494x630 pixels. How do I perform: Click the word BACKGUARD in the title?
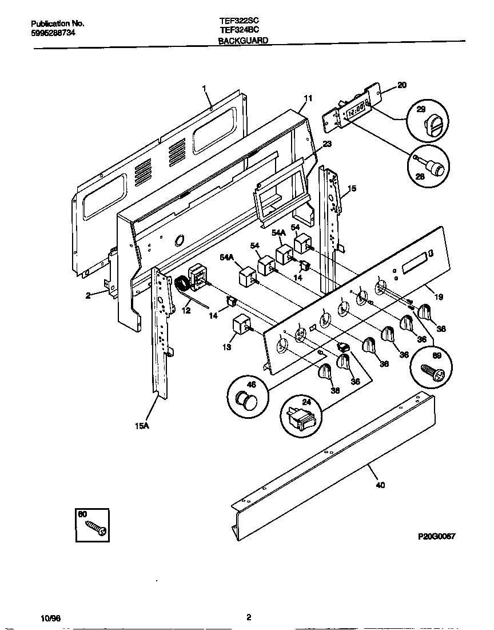pyautogui.click(x=243, y=41)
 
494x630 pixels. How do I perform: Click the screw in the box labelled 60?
pyautogui.click(x=95, y=528)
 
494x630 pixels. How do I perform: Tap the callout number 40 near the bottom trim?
pyautogui.click(x=380, y=485)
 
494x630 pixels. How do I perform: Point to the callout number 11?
pyautogui.click(x=308, y=98)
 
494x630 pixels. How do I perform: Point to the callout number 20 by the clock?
pyautogui.click(x=401, y=85)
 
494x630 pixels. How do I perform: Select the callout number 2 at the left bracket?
pyautogui.click(x=89, y=295)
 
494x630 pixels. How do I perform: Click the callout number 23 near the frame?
pyautogui.click(x=326, y=144)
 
